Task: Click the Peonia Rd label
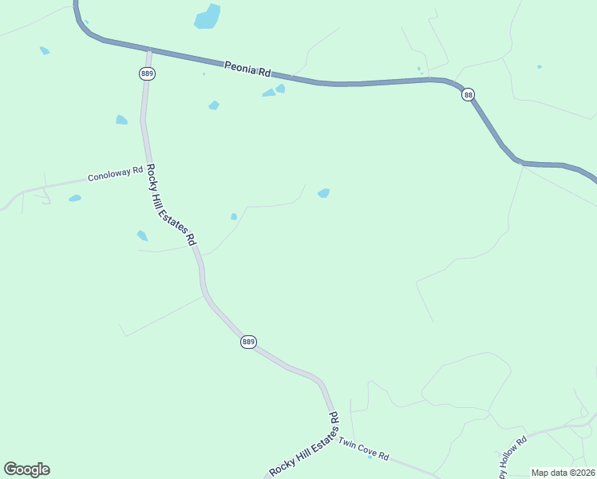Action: pos(247,69)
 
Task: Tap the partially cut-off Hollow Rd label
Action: pos(514,457)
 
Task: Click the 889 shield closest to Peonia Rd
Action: pos(147,73)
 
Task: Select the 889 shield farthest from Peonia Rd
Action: pos(248,342)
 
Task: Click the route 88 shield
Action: pos(469,94)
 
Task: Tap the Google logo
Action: pos(26,469)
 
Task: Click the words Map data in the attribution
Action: pos(550,473)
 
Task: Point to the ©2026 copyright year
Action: pos(582,473)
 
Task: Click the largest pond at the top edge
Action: pos(208,17)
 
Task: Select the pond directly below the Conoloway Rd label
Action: pos(75,198)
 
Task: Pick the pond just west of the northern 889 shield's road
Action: pos(121,120)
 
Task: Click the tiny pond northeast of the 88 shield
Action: pos(540,66)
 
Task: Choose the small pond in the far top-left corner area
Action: pos(45,50)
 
